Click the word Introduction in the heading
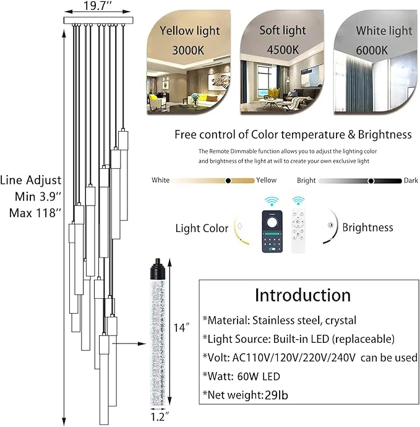point(302,295)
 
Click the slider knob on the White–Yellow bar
point(228,180)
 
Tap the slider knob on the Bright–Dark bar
point(371,180)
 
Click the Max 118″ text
point(35,213)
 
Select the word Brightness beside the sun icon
point(367,227)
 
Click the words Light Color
point(202,228)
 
